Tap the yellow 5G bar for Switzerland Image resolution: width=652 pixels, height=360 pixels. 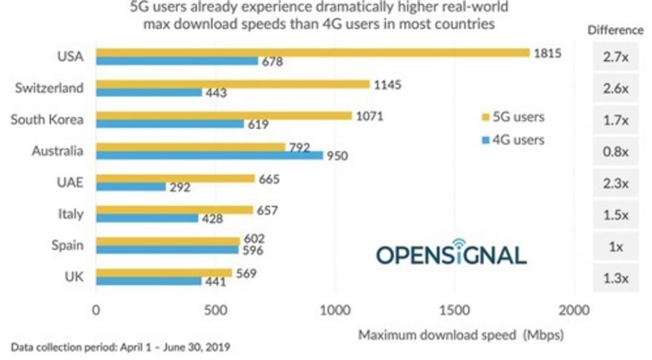(x=232, y=84)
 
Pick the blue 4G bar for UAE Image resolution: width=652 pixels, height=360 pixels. (x=130, y=187)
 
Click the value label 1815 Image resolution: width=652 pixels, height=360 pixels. (x=546, y=53)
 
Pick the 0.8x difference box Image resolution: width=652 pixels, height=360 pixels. (x=615, y=152)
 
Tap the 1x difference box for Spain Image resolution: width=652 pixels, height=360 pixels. (x=615, y=247)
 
